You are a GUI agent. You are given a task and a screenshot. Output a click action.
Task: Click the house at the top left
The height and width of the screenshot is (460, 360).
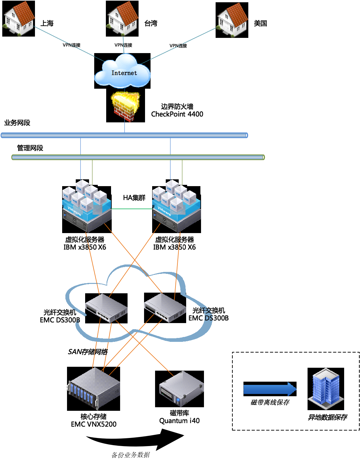(x=19, y=18)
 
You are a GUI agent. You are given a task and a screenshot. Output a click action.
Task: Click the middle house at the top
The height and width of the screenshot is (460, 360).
(x=123, y=18)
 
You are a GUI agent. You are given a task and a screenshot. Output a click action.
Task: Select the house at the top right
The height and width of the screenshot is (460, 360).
(x=232, y=20)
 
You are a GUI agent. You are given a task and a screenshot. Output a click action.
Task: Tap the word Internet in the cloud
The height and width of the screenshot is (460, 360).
(x=124, y=73)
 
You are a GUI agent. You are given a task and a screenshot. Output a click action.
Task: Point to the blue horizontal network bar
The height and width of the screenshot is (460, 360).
(x=124, y=135)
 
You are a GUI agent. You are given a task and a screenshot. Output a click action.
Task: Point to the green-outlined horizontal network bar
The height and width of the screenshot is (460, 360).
(x=138, y=157)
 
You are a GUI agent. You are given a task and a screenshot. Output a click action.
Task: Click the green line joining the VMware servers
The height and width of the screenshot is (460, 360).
(x=132, y=209)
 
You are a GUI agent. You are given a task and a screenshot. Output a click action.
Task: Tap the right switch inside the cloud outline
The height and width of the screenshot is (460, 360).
(x=165, y=308)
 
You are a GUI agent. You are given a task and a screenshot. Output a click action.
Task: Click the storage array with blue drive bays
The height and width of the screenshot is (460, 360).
(x=94, y=388)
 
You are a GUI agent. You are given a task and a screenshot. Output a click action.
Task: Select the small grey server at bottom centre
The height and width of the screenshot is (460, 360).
(x=182, y=388)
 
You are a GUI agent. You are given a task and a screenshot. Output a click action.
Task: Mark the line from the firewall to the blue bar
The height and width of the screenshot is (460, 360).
(x=125, y=127)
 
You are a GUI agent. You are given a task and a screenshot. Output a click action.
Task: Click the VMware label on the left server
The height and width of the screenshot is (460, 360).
(x=74, y=211)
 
